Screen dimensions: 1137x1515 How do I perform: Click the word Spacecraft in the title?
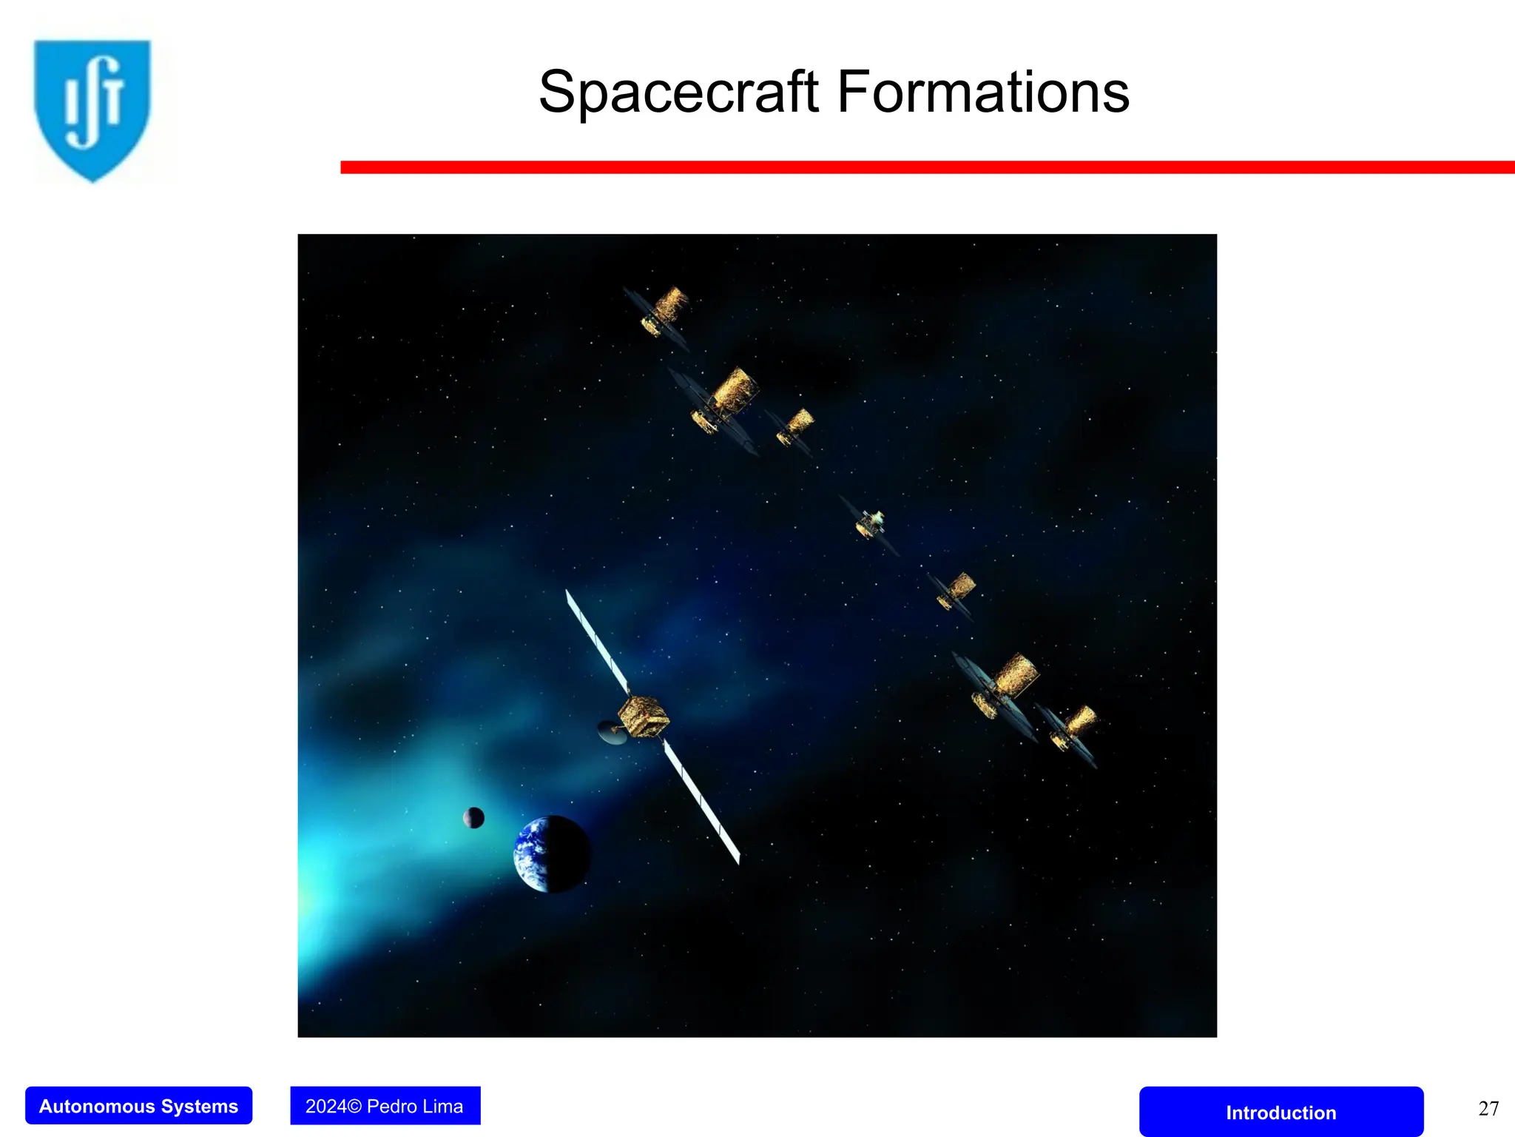(x=679, y=93)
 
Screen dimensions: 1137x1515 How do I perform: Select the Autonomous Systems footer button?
(x=138, y=1106)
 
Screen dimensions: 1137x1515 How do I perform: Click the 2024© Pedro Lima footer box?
(x=385, y=1106)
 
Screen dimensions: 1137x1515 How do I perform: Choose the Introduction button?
(x=1281, y=1113)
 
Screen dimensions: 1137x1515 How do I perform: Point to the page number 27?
(x=1488, y=1108)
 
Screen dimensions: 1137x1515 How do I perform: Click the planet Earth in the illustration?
(x=551, y=854)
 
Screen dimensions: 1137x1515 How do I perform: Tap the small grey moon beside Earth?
(x=473, y=818)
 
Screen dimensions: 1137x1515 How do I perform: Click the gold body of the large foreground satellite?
(x=642, y=717)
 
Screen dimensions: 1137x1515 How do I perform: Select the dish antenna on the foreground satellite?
(x=611, y=733)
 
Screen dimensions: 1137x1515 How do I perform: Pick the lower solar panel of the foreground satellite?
(x=701, y=802)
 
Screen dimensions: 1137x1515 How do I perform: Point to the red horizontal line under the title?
(x=925, y=167)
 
